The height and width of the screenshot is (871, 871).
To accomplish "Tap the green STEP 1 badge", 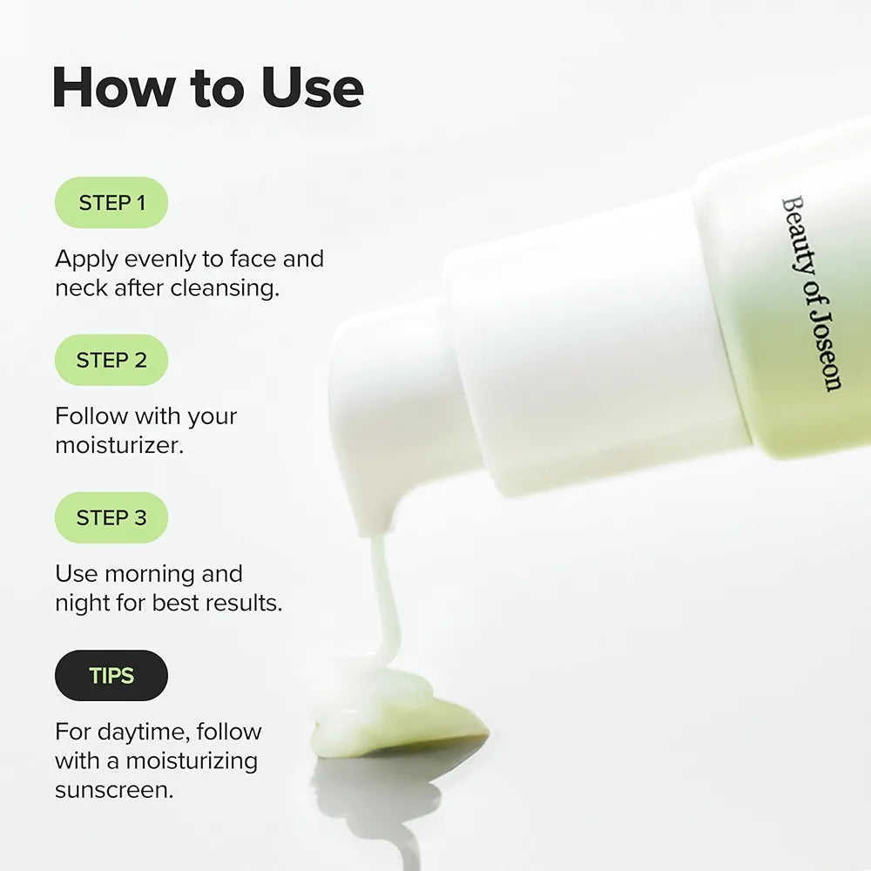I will (111, 203).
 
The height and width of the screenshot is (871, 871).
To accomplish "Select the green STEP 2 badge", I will (111, 360).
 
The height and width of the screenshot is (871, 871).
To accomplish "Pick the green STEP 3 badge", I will (111, 517).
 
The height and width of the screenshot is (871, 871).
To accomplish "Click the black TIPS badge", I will (111, 675).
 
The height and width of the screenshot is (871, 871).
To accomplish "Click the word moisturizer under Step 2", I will (118, 446).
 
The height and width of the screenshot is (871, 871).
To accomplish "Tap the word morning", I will (173, 574).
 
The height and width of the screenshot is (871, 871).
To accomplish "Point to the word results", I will (242, 603).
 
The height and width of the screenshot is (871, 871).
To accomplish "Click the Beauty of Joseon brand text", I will (810, 294).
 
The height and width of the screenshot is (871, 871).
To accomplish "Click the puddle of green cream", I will (396, 710).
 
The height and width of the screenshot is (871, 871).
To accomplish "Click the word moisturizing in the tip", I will (192, 761).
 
